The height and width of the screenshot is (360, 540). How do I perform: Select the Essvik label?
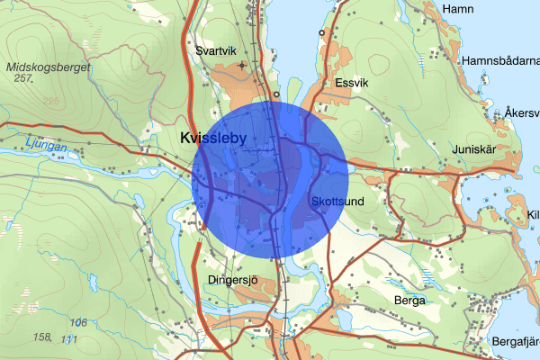click(x=351, y=83)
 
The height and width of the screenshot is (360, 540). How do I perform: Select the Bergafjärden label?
click(x=515, y=342)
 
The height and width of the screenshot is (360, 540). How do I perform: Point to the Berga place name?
click(x=409, y=301)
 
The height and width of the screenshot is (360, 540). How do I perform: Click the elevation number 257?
click(x=24, y=79)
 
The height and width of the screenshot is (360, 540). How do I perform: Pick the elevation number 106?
click(x=78, y=322)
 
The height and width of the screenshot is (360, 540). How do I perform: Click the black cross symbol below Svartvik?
click(x=241, y=66)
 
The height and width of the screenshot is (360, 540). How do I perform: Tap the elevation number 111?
click(x=68, y=338)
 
